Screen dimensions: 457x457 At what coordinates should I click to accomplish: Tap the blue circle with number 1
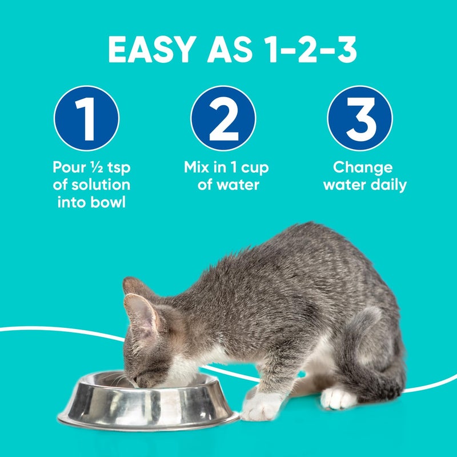(x=86, y=118)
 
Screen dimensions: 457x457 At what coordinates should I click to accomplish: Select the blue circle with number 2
(x=223, y=118)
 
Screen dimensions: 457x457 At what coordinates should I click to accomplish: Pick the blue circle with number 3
(x=360, y=118)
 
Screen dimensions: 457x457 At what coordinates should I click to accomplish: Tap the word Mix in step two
(x=198, y=167)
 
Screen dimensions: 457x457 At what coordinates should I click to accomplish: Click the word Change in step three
(x=363, y=167)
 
